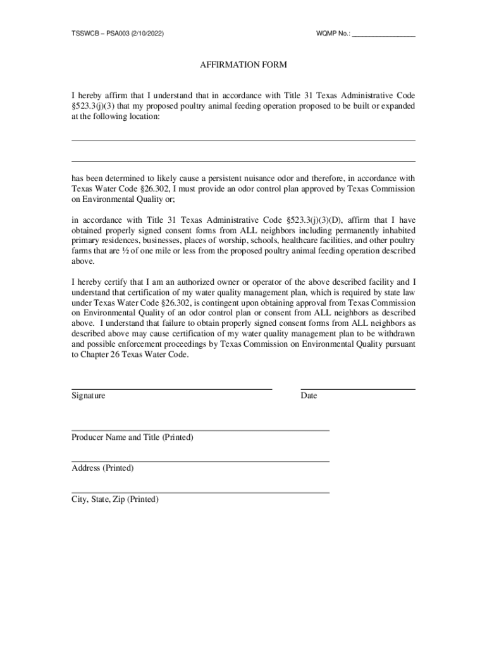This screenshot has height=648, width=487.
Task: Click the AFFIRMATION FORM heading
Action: point(244,65)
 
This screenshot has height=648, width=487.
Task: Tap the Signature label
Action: point(89,396)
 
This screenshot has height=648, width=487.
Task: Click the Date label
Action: point(309,396)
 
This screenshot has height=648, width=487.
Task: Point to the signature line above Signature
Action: point(171,388)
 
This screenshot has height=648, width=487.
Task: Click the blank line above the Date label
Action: point(358,388)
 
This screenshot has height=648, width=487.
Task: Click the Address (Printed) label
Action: point(102,468)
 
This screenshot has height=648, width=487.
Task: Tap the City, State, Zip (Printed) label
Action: point(115,499)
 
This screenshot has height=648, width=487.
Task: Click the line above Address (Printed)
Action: point(200,461)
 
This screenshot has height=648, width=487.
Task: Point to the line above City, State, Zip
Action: point(200,492)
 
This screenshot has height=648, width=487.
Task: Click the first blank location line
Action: point(244,140)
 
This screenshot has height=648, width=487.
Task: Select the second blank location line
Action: point(244,161)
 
